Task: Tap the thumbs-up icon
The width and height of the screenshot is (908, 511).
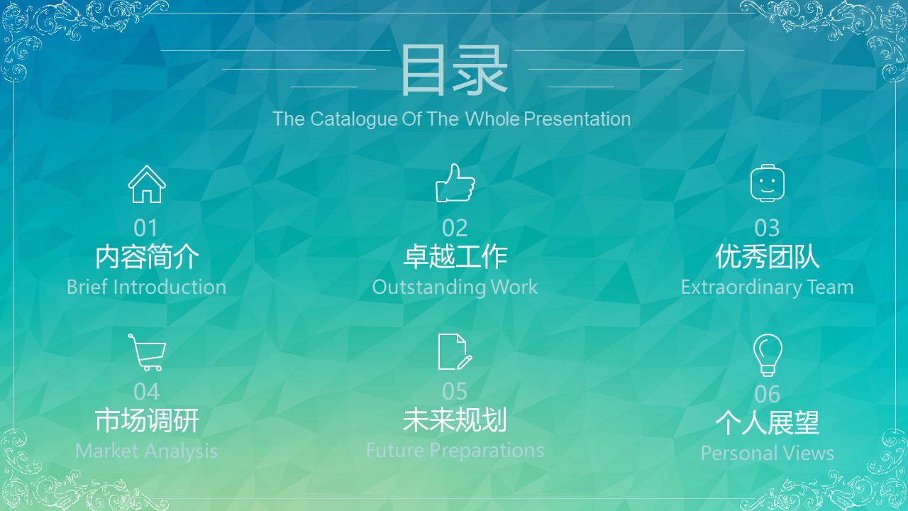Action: [x=455, y=183]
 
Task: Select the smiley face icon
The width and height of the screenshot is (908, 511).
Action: [x=768, y=183]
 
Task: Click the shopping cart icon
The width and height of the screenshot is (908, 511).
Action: [x=147, y=352]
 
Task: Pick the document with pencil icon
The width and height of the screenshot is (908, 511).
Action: [x=455, y=351]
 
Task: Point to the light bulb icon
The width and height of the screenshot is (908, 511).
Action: [x=768, y=354]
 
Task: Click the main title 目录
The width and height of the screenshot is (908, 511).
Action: [x=454, y=70]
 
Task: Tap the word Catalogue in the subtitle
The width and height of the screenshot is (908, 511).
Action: [x=353, y=119]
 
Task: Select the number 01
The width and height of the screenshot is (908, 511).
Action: [x=145, y=228]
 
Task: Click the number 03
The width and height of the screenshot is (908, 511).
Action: [x=767, y=228]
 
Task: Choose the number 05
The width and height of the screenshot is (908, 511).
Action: [x=455, y=392]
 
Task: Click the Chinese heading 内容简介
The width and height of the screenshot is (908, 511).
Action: [x=147, y=256]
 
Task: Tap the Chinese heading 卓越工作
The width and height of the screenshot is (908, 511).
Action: [x=455, y=256]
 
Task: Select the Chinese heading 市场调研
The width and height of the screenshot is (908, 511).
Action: [x=147, y=420]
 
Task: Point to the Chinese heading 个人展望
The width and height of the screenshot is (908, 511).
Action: [x=768, y=422]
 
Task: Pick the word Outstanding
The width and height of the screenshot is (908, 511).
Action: [x=429, y=287]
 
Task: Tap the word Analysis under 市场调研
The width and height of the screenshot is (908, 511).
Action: [x=181, y=451]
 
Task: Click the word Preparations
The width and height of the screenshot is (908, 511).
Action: [x=487, y=451]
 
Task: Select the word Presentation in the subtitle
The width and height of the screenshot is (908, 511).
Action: [x=577, y=119]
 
